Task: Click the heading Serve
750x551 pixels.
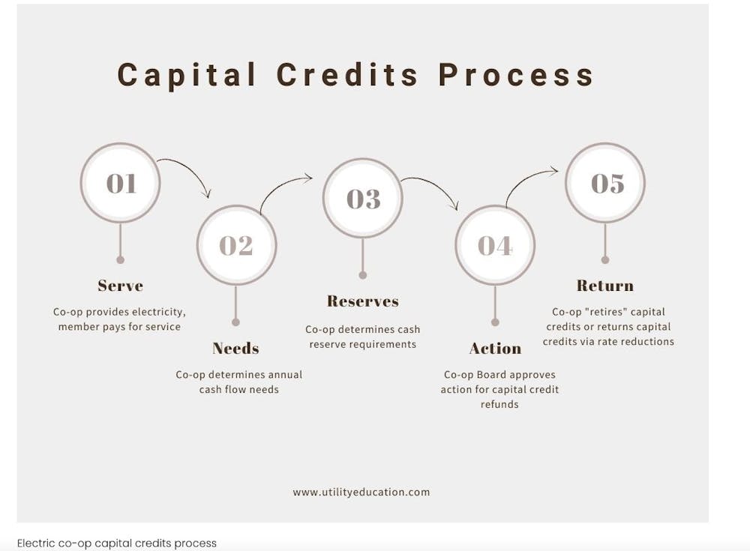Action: click(121, 286)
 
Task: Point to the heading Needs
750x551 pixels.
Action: click(235, 348)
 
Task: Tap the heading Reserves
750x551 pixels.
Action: click(363, 301)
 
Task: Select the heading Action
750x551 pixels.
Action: click(495, 348)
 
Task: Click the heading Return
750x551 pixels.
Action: click(605, 286)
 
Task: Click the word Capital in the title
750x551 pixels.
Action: click(187, 75)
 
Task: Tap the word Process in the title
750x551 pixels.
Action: click(516, 75)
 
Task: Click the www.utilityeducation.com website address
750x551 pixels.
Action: click(361, 493)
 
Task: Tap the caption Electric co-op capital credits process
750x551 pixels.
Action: click(117, 544)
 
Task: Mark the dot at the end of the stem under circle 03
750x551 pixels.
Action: click(363, 275)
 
